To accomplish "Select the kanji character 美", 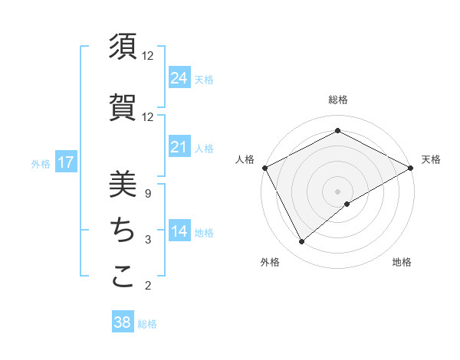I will click(123, 184).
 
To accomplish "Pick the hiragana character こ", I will click(123, 276).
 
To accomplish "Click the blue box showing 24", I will click(179, 77).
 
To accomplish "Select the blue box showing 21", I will click(179, 147).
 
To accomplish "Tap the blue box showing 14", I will click(179, 231).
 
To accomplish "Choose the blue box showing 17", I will click(66, 162).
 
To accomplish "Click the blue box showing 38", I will click(123, 322).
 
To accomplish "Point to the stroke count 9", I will click(147, 194).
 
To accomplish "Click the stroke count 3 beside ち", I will click(147, 240).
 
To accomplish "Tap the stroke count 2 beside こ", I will click(147, 286).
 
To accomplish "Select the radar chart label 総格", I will click(338, 100).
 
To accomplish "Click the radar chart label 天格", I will click(431, 159).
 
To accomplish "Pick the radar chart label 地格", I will click(402, 262).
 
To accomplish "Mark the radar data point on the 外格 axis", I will click(302, 241).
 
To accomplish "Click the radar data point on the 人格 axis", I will click(264, 168).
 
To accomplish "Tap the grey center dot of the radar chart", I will click(337, 191).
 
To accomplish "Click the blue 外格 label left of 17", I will click(41, 163).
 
